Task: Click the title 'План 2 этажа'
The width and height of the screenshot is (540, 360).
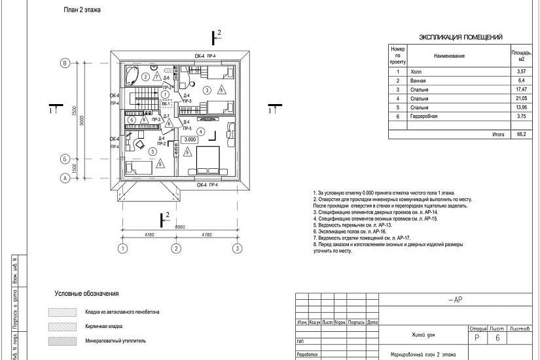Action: [x=82, y=11]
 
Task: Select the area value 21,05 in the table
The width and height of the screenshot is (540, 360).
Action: [x=521, y=98]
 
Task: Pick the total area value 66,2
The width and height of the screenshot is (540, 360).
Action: [x=521, y=134]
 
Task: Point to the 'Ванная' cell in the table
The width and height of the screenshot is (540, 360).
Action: [x=418, y=79]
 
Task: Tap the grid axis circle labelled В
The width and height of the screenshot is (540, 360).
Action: [x=65, y=63]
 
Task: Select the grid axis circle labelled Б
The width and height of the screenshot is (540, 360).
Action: [x=65, y=158]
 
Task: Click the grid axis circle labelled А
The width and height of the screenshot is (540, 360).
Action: [x=65, y=177]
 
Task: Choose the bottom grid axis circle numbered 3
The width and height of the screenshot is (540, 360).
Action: [x=237, y=248]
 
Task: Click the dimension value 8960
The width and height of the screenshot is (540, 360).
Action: [x=180, y=226]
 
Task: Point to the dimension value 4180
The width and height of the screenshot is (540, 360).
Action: [x=149, y=234]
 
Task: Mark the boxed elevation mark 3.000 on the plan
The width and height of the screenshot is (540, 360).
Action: [x=190, y=139]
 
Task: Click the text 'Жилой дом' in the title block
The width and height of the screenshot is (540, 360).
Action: [x=423, y=334]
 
